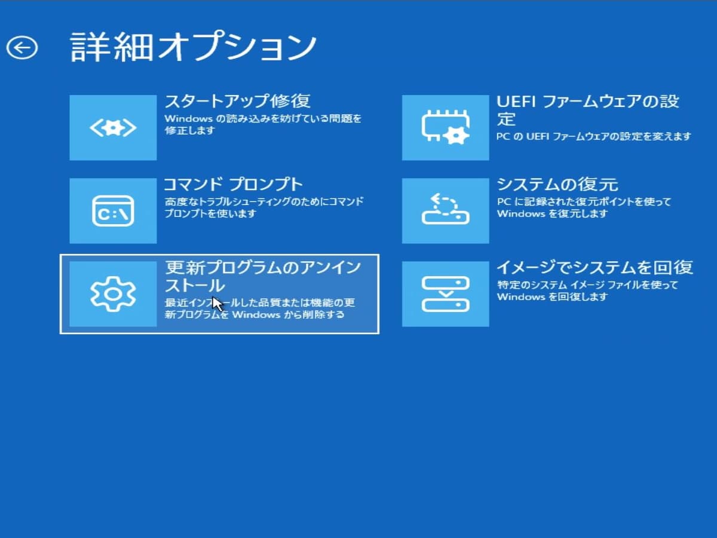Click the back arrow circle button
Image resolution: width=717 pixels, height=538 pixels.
tap(22, 47)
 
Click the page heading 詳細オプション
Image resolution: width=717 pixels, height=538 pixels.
tap(193, 47)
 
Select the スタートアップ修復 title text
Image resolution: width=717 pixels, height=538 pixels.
tap(237, 100)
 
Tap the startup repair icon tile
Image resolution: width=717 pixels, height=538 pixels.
tap(113, 127)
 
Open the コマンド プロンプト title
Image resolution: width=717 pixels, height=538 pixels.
tap(234, 184)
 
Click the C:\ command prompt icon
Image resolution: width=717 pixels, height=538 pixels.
tap(113, 210)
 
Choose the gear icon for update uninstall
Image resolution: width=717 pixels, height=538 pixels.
tap(113, 294)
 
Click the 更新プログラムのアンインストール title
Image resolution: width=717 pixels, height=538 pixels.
tap(263, 276)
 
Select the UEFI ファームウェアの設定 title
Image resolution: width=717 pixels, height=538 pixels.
tap(587, 109)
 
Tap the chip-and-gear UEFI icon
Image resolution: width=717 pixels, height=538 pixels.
tap(445, 127)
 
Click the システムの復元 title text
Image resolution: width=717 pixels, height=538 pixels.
tap(557, 184)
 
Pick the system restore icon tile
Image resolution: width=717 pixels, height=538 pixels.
tap(445, 210)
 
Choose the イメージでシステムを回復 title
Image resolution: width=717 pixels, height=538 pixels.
tap(595, 267)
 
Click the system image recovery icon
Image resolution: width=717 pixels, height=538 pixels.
tap(445, 294)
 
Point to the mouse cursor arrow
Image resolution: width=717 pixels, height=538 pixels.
tap(217, 304)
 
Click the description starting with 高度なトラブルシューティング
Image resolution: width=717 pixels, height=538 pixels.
tap(263, 207)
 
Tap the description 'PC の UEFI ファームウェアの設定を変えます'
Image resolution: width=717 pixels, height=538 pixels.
tap(593, 136)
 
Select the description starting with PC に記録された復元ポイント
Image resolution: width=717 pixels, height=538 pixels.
tap(584, 207)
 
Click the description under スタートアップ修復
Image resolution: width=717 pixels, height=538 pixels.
tap(263, 124)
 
